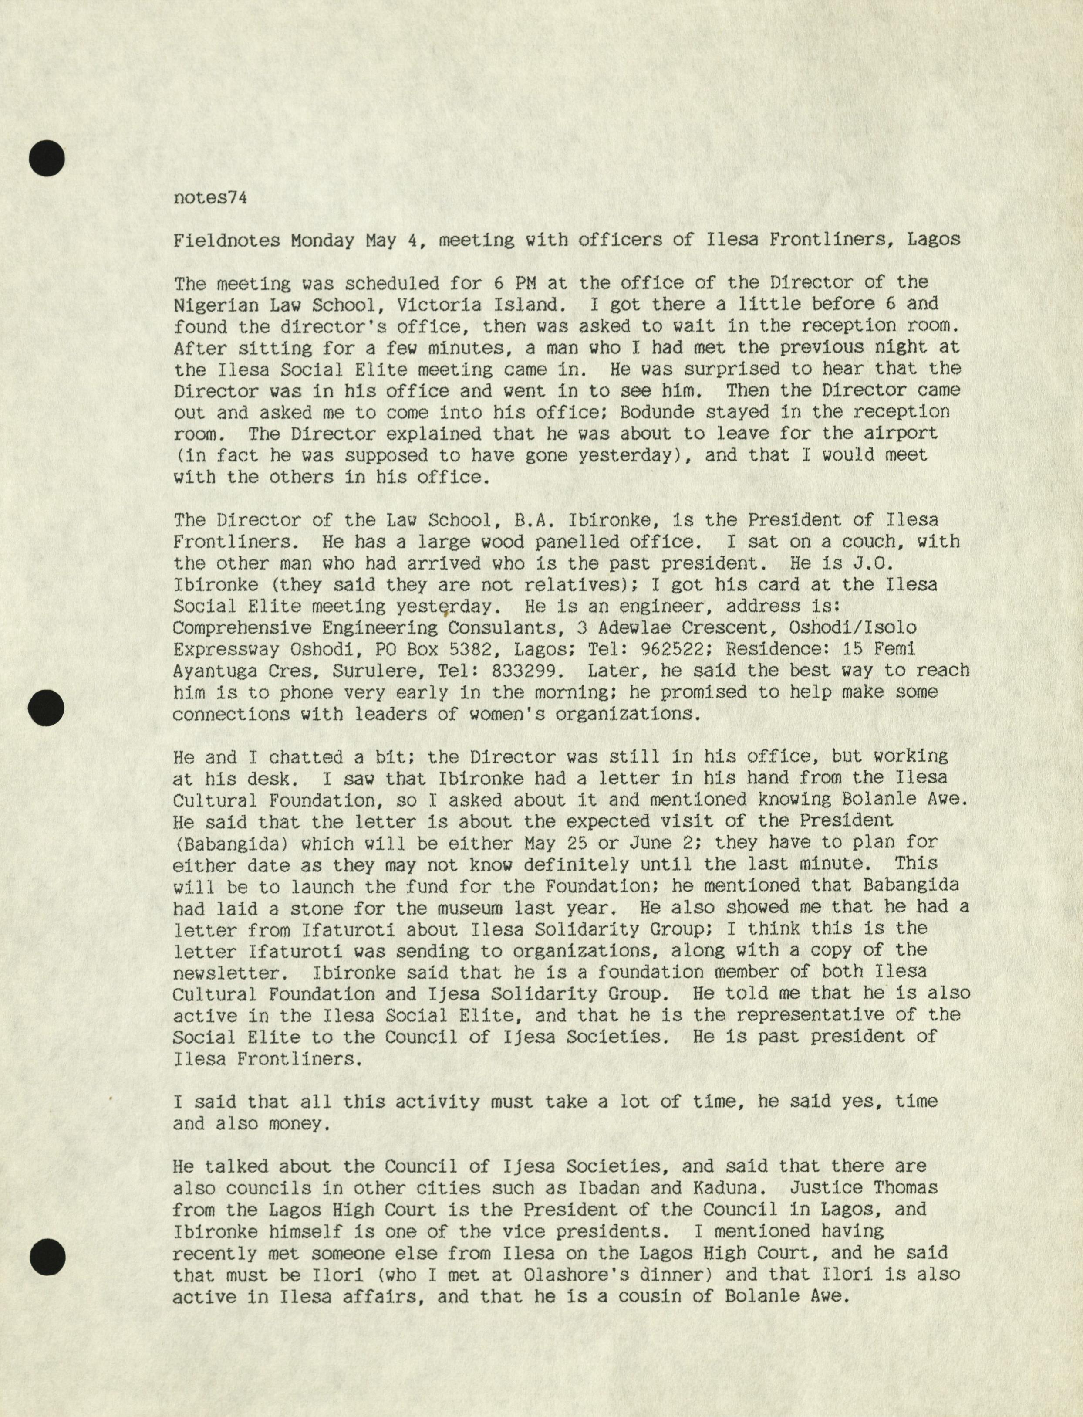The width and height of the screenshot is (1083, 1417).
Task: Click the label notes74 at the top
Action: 210,198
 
